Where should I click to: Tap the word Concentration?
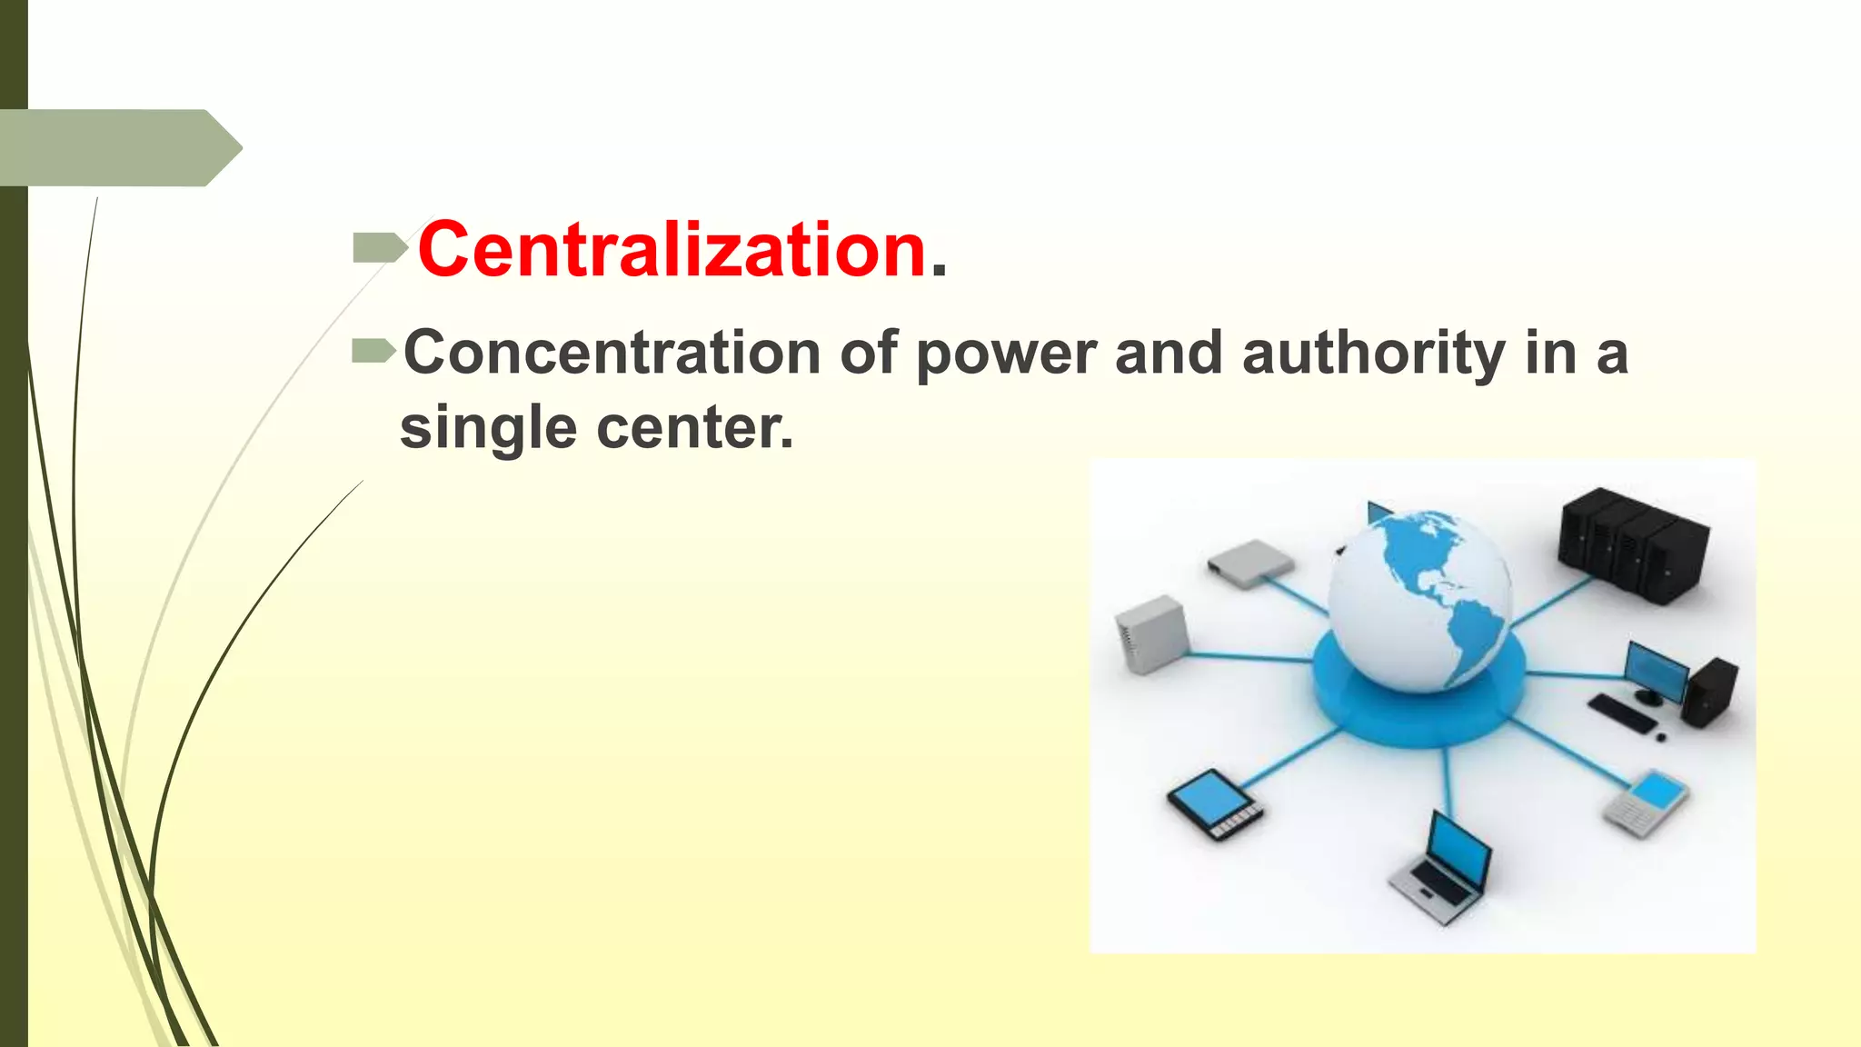[612, 353]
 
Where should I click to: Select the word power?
[1007, 353]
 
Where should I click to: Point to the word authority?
[1374, 353]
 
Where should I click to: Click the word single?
[488, 427]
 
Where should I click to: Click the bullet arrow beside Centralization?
[379, 247]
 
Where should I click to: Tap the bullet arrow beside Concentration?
[373, 350]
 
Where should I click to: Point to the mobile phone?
[1645, 802]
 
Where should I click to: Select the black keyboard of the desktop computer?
[1623, 714]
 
